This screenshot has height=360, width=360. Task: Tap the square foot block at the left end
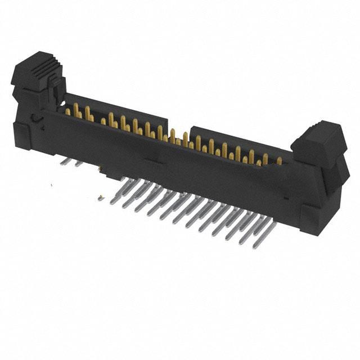pyautogui.click(x=21, y=135)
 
